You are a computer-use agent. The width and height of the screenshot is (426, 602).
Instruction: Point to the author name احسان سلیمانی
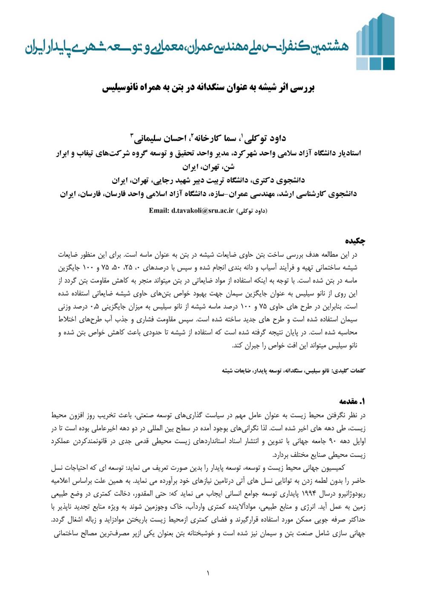click(158, 138)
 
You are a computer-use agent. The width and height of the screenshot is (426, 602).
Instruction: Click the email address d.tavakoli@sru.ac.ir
click(203, 210)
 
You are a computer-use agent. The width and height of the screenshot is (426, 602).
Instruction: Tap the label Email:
click(159, 210)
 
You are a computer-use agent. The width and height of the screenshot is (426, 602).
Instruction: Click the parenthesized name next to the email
click(252, 210)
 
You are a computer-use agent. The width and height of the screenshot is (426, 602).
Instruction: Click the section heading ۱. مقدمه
click(353, 401)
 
